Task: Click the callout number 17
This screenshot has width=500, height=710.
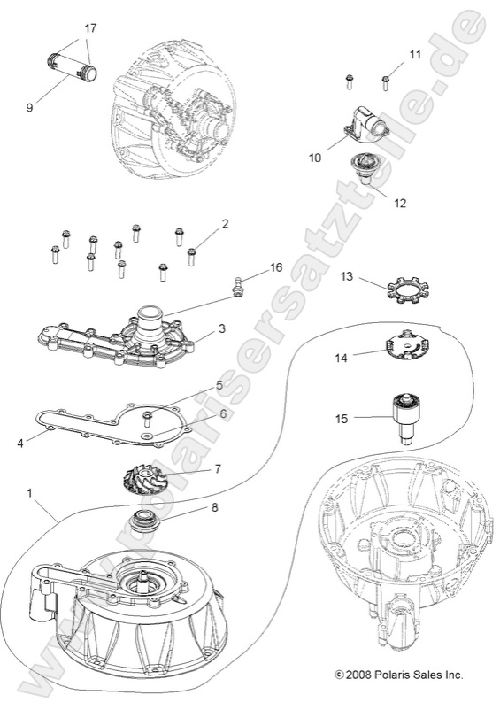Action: [x=90, y=28]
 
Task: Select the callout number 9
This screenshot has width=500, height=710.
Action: [x=29, y=107]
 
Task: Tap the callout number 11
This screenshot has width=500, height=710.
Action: [x=415, y=55]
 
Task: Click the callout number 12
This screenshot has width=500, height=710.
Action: [x=400, y=203]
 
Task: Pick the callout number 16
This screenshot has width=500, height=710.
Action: [x=276, y=266]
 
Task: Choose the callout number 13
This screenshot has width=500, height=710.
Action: [x=347, y=277]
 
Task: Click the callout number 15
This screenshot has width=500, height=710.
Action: [x=341, y=417]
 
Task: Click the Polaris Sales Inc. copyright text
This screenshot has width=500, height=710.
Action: [x=398, y=675]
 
